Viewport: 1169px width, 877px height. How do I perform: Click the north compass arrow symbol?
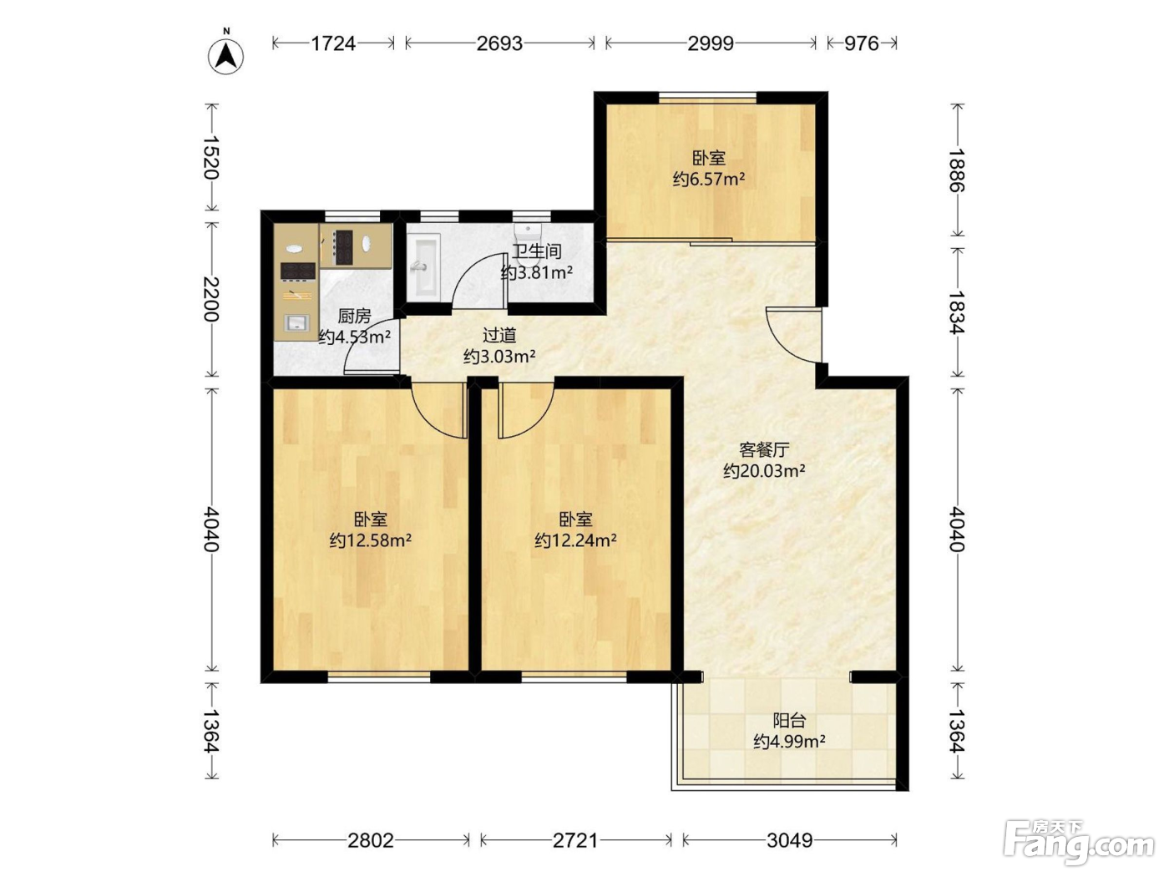coord(225,56)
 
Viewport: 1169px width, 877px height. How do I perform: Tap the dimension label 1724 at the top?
coord(333,43)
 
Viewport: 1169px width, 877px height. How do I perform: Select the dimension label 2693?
coord(499,43)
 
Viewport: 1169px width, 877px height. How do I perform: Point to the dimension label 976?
coord(861,43)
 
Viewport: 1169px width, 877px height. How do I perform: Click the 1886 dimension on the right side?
coord(957,170)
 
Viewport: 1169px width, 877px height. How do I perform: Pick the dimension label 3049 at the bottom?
coord(789,840)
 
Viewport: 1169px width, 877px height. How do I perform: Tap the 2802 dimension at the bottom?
coord(371,840)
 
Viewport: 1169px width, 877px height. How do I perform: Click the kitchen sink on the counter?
coord(296,323)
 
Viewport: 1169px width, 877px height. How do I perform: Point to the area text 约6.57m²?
coord(708,180)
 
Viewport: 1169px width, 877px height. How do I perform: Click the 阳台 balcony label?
coord(789,721)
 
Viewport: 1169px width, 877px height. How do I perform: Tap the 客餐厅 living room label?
coord(764,450)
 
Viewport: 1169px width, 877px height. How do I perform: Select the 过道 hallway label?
coord(499,336)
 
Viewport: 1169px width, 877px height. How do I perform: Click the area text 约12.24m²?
coord(575,540)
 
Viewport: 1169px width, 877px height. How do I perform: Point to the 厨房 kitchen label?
coord(354,317)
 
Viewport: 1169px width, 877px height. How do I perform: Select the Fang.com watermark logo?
coord(1079,841)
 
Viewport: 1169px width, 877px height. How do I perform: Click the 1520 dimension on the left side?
coord(211,158)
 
